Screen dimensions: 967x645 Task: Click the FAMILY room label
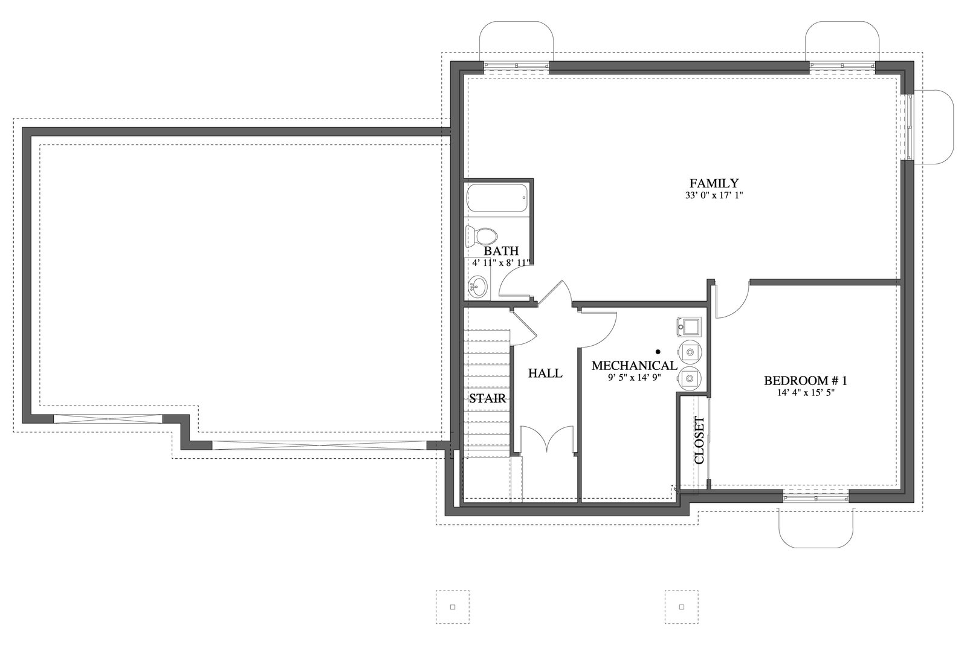coord(714,183)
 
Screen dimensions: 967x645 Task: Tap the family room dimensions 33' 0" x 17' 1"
coord(714,195)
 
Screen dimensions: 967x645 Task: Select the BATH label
coord(501,251)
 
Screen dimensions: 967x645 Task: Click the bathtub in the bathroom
coord(497,198)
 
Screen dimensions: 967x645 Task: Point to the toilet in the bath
coord(481,237)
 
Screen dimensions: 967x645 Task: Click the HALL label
coord(545,374)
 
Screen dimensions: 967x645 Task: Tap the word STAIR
coord(487,398)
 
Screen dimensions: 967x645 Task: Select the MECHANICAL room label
coord(634,366)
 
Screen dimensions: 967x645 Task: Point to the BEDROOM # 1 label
coord(806,381)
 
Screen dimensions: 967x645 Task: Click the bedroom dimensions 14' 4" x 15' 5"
coord(806,393)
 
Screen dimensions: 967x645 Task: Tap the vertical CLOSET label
coord(699,440)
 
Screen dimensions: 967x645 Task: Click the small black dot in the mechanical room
coord(658,352)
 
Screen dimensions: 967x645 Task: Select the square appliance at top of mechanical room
coord(689,327)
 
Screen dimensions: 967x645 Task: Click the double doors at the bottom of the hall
coord(547,439)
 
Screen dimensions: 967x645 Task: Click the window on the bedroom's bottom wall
coord(815,498)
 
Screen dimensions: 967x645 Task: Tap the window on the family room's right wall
coord(909,128)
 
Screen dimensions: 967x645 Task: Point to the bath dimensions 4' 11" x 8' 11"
coord(501,263)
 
